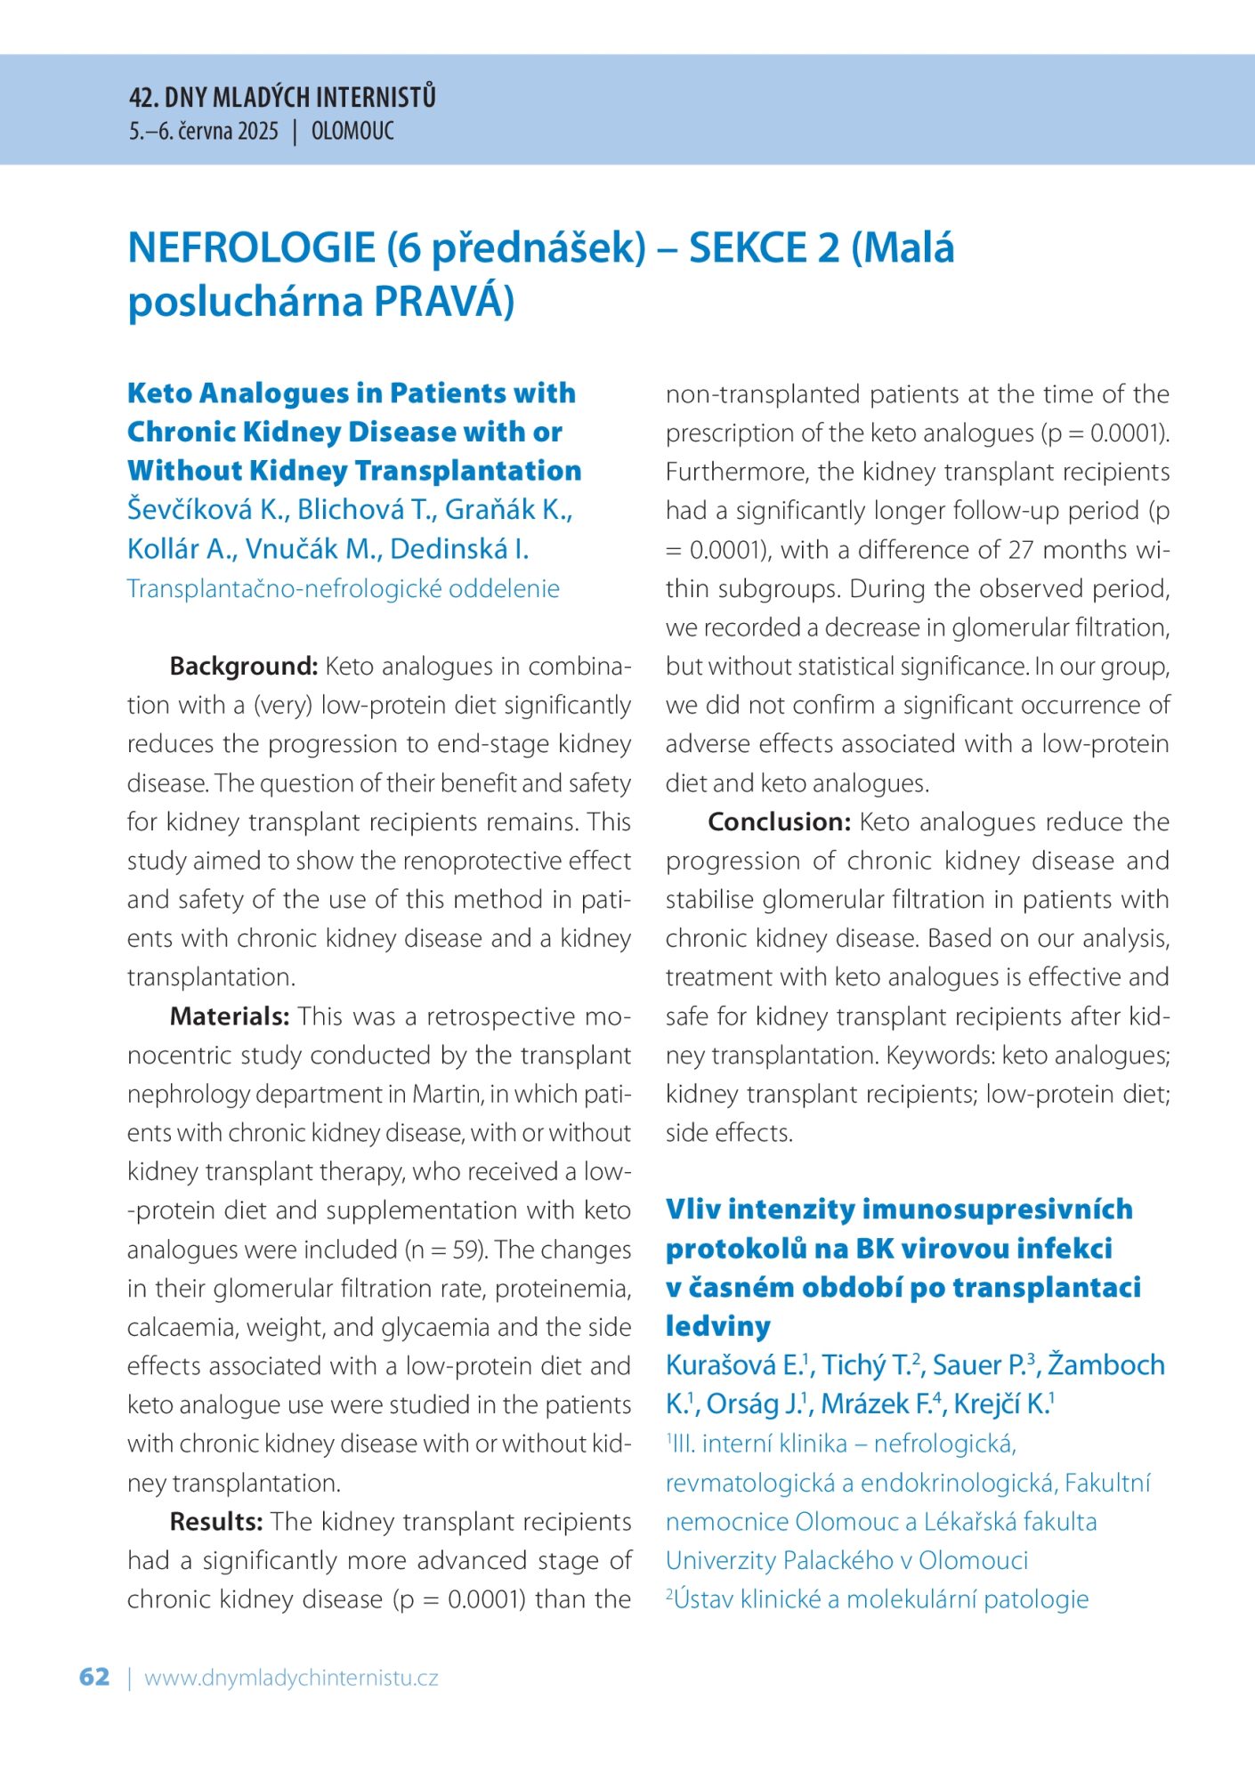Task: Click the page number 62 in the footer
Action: click(x=94, y=1677)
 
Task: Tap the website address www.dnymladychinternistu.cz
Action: click(x=291, y=1679)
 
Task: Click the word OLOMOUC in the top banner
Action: click(x=352, y=132)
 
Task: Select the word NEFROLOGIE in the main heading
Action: click(x=252, y=247)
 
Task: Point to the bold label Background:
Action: click(x=243, y=666)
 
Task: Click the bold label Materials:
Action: click(x=230, y=1015)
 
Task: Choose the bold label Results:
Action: click(x=215, y=1521)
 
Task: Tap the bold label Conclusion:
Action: click(x=780, y=821)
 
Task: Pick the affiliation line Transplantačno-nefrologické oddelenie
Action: click(x=344, y=588)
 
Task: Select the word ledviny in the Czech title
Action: click(x=717, y=1326)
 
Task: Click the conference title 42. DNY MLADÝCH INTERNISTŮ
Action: click(x=282, y=97)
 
